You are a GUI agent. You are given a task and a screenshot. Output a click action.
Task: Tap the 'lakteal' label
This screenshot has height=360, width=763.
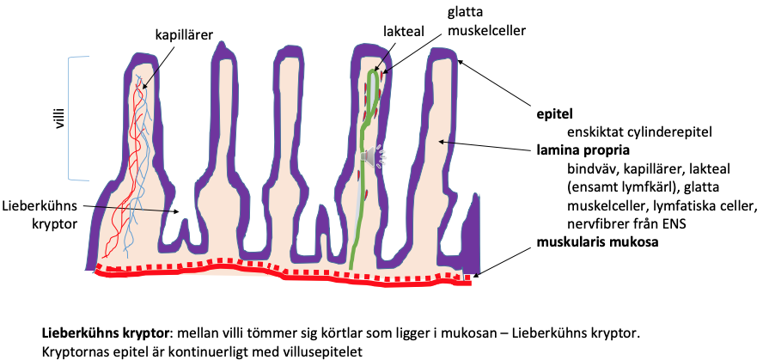point(400,31)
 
